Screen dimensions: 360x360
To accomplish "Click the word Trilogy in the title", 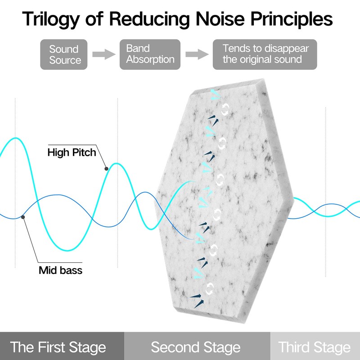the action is click(51, 19).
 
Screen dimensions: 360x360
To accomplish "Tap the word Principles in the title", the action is click(291, 19).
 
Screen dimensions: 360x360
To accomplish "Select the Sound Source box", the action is click(64, 54).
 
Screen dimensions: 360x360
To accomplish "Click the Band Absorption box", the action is click(150, 54).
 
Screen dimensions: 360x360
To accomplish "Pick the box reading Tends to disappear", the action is click(265, 54).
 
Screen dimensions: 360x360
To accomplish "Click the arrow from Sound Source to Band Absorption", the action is click(104, 54).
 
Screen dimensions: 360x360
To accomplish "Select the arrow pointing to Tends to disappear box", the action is click(197, 54).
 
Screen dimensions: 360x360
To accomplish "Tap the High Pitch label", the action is click(72, 153).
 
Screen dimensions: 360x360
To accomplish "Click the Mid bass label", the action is click(60, 270).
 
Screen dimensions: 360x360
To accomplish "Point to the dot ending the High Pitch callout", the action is click(106, 169).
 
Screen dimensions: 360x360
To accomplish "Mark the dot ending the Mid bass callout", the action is click(23, 217).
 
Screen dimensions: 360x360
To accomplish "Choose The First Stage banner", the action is click(62, 346).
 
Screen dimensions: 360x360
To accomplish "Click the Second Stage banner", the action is click(197, 346).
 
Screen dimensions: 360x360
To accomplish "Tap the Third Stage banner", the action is click(315, 346).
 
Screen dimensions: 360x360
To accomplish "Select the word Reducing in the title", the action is click(149, 19).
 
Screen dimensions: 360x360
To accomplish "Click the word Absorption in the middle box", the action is click(150, 59).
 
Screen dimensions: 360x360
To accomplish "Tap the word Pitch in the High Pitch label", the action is click(84, 153).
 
